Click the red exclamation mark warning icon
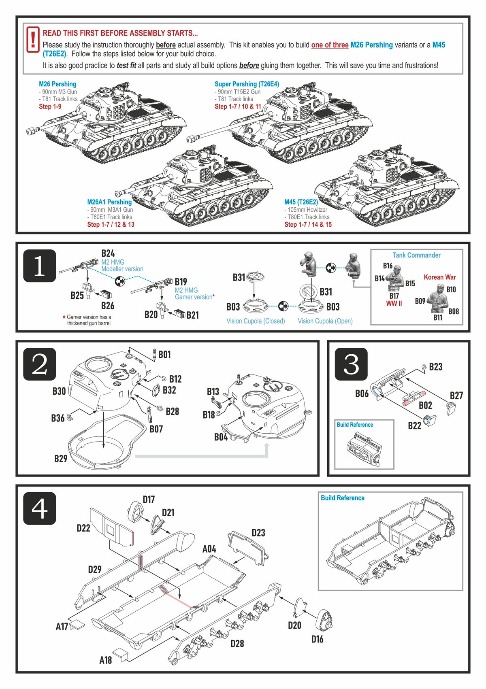33,40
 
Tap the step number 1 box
39,266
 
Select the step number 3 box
351,364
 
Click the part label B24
108,253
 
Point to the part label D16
317,639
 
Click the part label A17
62,627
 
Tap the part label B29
61,459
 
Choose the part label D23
258,533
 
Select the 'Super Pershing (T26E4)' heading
247,84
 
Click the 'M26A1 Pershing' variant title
109,202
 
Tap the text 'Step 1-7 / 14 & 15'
308,224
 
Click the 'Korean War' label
440,277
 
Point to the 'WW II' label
394,304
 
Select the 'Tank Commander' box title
416,255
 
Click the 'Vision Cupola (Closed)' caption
256,321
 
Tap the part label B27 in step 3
456,396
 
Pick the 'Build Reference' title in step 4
343,498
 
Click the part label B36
58,418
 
